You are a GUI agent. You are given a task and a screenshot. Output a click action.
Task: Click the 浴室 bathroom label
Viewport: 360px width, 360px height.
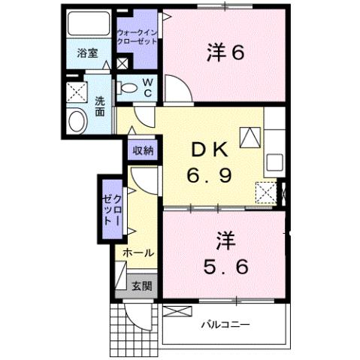[88, 53]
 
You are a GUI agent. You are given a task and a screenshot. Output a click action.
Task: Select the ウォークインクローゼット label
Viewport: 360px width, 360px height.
[137, 37]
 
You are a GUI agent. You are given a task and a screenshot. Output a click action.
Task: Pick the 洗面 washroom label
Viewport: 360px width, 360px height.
[100, 107]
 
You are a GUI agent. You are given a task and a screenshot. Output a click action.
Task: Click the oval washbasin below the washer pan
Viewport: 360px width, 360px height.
[77, 121]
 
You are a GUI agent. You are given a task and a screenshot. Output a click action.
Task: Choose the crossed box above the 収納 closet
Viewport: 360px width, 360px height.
[122, 63]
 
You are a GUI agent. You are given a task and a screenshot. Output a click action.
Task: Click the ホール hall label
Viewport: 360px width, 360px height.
[138, 253]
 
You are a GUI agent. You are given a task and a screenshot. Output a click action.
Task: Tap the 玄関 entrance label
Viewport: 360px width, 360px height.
[141, 286]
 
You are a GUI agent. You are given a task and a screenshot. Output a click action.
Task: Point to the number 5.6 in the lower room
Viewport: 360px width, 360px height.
[225, 265]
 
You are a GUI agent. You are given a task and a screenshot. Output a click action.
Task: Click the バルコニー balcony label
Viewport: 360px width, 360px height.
[225, 325]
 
